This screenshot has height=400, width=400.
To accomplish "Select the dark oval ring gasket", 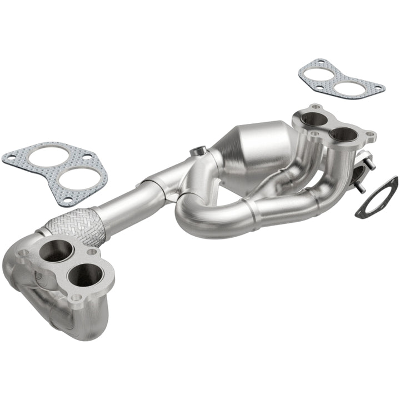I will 377,197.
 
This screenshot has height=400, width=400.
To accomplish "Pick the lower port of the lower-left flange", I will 86,275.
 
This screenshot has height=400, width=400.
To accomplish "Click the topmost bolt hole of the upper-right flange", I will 316,107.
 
